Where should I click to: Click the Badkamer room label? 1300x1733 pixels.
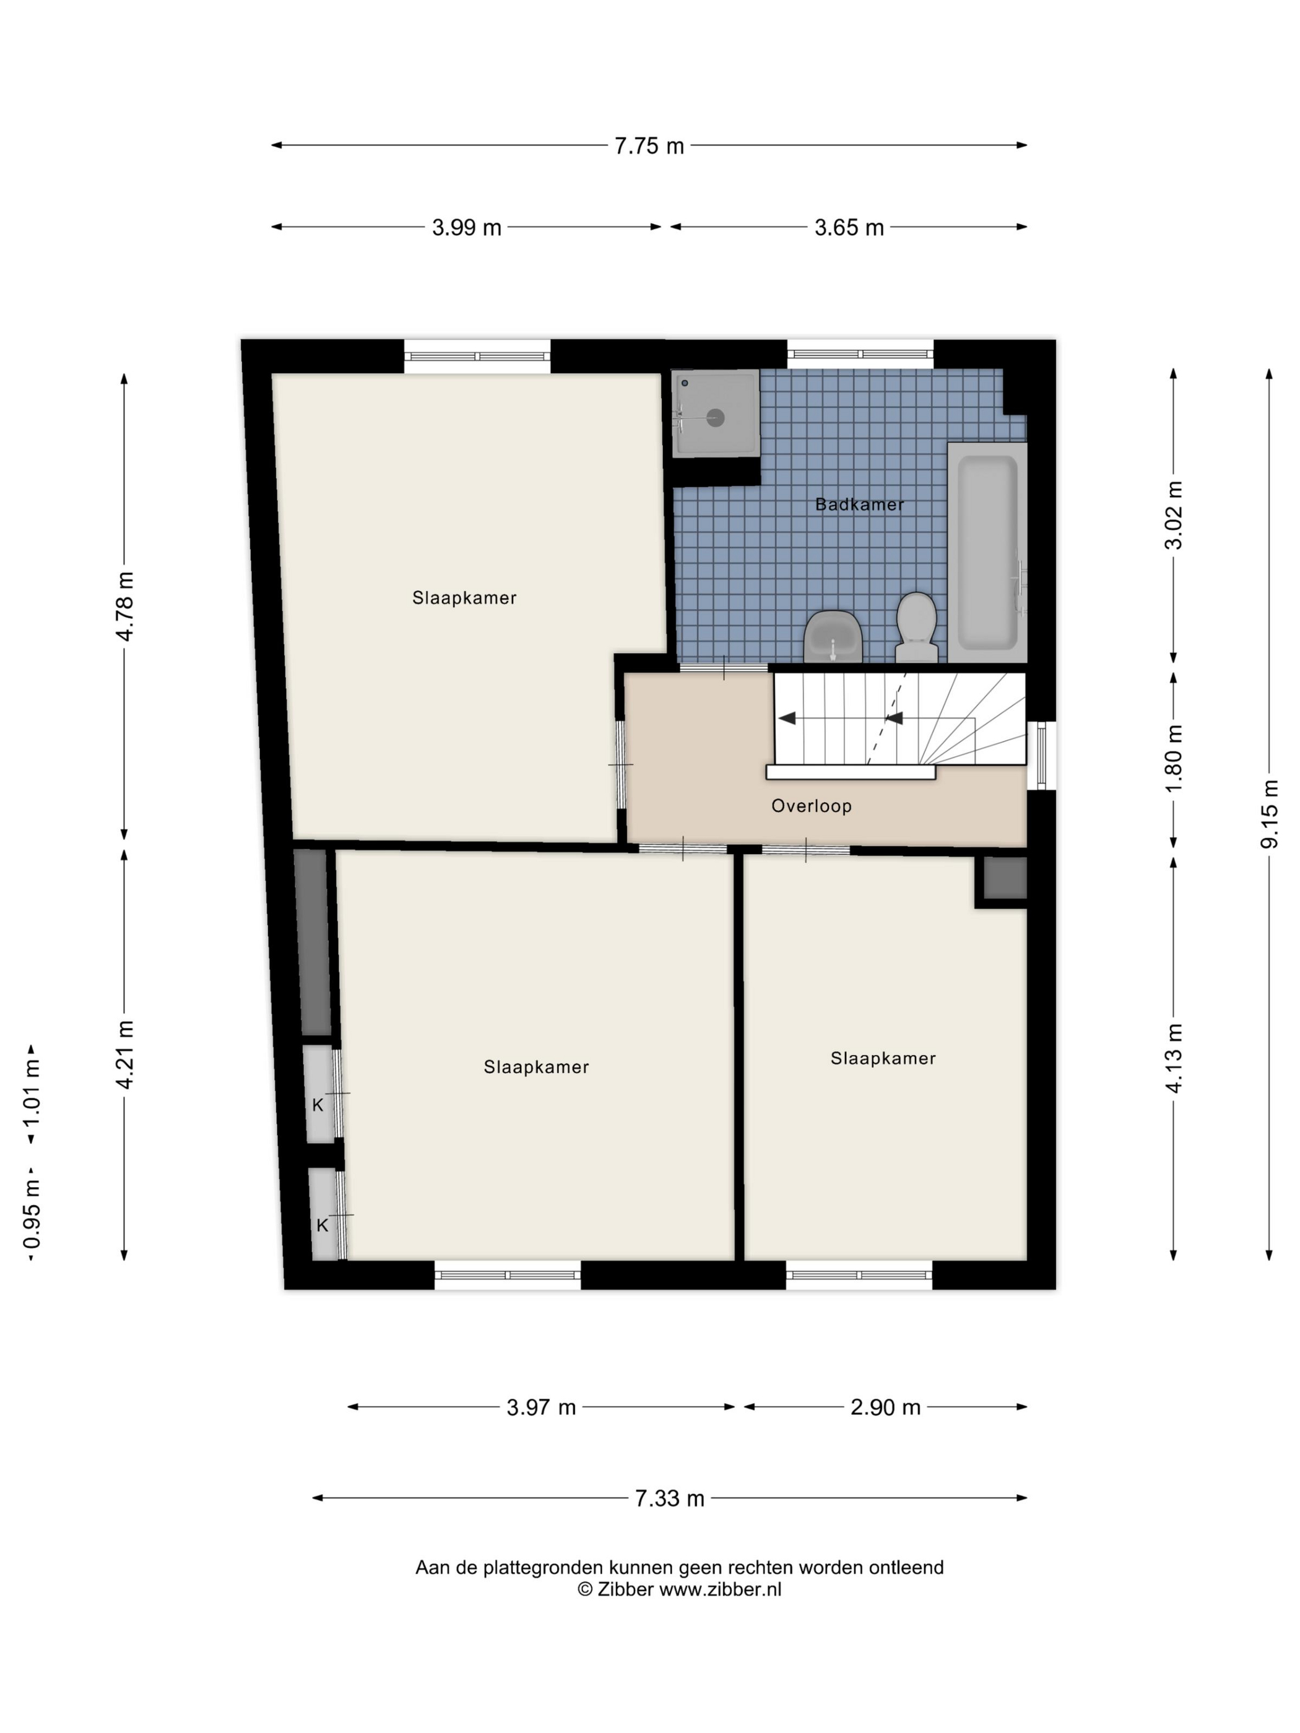click(860, 504)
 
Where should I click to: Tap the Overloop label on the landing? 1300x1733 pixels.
click(811, 806)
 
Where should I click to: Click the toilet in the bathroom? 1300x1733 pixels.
click(917, 628)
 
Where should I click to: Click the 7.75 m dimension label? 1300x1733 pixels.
click(649, 145)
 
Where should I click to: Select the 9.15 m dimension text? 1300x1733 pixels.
click(1270, 814)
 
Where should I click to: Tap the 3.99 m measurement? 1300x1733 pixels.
click(466, 227)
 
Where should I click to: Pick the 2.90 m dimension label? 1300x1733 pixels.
click(885, 1407)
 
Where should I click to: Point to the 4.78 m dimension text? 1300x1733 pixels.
click(124, 605)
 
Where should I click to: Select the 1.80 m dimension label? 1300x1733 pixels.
click(1174, 758)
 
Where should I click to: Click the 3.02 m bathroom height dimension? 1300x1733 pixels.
click(1174, 515)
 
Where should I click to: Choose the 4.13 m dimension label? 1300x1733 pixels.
click(1174, 1058)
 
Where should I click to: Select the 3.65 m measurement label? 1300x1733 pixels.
click(849, 227)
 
